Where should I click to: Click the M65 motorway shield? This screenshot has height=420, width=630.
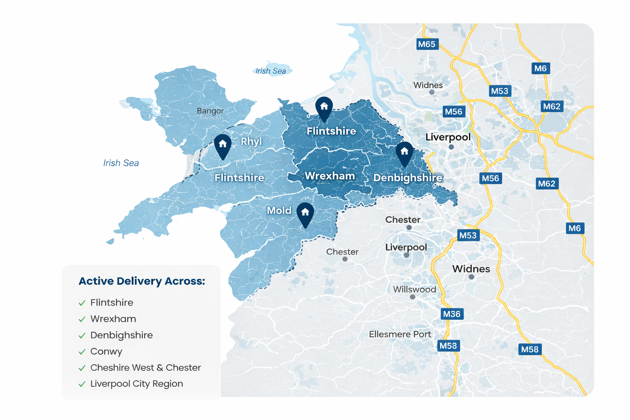(x=427, y=44)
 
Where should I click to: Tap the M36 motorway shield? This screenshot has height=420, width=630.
(x=452, y=314)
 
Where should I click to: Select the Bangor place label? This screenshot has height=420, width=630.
(x=210, y=111)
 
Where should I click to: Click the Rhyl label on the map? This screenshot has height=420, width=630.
(x=251, y=142)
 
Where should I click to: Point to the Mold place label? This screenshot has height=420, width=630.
(x=279, y=210)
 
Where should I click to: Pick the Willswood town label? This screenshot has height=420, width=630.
(x=414, y=290)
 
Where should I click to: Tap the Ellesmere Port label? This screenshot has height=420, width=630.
(x=400, y=334)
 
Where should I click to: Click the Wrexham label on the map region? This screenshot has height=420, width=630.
(x=330, y=176)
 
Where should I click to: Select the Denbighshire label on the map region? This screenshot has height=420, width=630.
(x=408, y=178)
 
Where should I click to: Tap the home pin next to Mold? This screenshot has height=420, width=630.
(x=305, y=214)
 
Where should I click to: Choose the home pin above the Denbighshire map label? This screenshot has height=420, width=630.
(x=404, y=153)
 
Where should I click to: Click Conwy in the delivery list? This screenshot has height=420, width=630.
(x=106, y=352)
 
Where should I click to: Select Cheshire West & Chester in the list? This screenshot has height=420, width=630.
(x=146, y=367)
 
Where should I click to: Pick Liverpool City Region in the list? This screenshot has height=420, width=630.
(x=137, y=384)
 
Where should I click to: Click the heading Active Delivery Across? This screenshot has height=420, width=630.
(x=142, y=281)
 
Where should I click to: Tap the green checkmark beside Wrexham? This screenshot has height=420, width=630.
(x=82, y=319)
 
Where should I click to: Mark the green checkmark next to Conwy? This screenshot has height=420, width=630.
(x=82, y=352)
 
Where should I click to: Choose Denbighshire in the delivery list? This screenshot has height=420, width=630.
(x=121, y=335)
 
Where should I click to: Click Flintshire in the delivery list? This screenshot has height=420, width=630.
(x=112, y=303)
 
